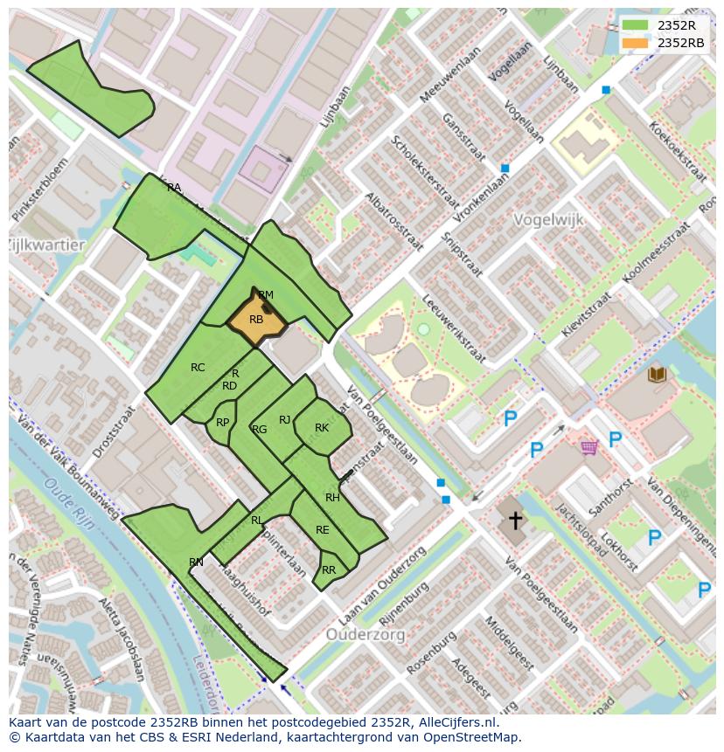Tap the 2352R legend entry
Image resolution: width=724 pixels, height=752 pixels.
(665, 25)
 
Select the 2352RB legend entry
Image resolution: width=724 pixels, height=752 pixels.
(669, 43)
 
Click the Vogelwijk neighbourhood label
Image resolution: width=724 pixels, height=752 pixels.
(548, 220)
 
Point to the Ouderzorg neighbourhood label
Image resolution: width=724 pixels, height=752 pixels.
(365, 634)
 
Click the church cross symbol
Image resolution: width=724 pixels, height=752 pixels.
(516, 521)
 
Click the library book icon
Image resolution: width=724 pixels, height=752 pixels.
(656, 375)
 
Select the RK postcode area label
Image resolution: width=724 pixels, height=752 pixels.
(322, 428)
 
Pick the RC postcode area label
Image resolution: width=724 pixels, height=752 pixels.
(198, 368)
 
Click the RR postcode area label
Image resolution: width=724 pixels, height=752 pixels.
(329, 570)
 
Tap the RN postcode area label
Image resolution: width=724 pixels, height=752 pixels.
(196, 562)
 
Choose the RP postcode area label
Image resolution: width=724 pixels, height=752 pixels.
(222, 423)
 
